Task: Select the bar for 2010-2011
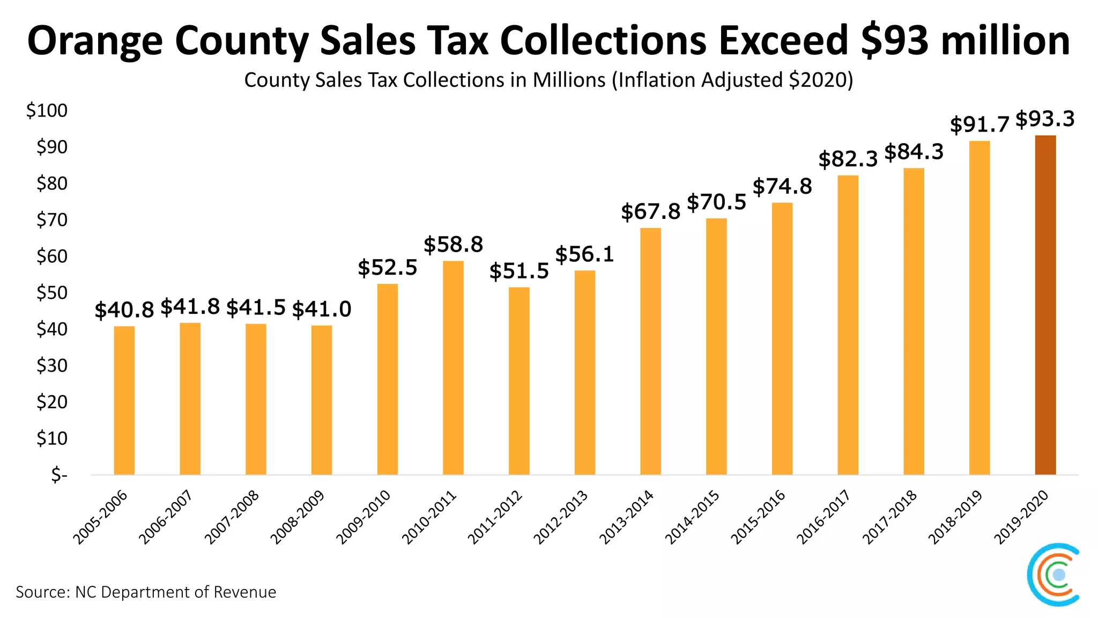(x=453, y=367)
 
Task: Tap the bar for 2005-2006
(x=124, y=400)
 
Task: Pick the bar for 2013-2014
(x=650, y=351)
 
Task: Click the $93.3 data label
(x=1045, y=119)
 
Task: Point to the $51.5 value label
(x=519, y=271)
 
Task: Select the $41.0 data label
(x=322, y=310)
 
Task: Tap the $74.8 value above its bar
(x=782, y=187)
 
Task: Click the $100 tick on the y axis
(x=47, y=111)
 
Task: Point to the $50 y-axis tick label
(x=51, y=293)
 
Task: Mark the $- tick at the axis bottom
(x=59, y=475)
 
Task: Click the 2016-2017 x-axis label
(x=823, y=518)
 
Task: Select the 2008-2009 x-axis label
(x=298, y=518)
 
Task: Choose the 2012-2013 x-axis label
(x=560, y=518)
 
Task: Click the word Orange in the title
(x=95, y=41)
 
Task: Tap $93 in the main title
(x=894, y=40)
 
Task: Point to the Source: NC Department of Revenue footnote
(x=146, y=592)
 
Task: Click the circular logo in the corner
(x=1053, y=575)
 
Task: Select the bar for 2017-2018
(x=914, y=321)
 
